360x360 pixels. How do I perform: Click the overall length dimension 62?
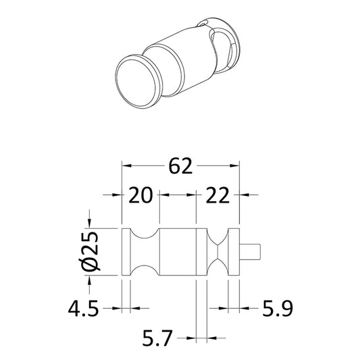click(180, 165)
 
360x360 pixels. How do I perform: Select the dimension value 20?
click(140, 195)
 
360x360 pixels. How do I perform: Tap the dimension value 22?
click(217, 195)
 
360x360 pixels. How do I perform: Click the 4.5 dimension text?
click(84, 309)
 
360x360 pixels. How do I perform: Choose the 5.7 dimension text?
click(157, 338)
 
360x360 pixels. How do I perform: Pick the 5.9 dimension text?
click(278, 309)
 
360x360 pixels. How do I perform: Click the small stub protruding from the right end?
click(250, 252)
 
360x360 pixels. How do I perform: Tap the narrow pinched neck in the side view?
click(218, 252)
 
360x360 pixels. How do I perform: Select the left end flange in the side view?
click(126, 252)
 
